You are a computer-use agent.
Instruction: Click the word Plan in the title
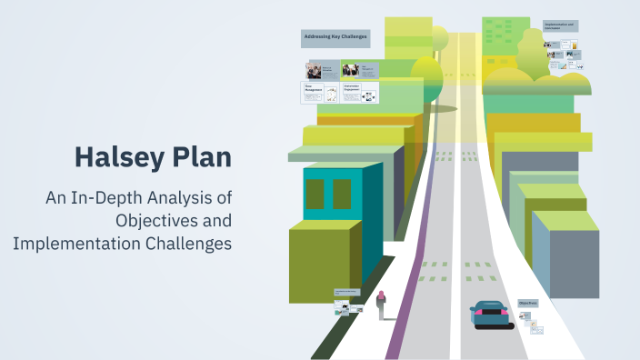pos(202,156)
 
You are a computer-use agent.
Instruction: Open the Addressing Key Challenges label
pos(335,38)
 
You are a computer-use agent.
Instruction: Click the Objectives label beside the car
pos(528,303)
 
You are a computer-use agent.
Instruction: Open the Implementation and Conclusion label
pos(560,26)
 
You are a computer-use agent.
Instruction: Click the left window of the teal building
pos(315,195)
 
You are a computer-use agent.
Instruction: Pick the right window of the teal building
pos(342,194)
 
